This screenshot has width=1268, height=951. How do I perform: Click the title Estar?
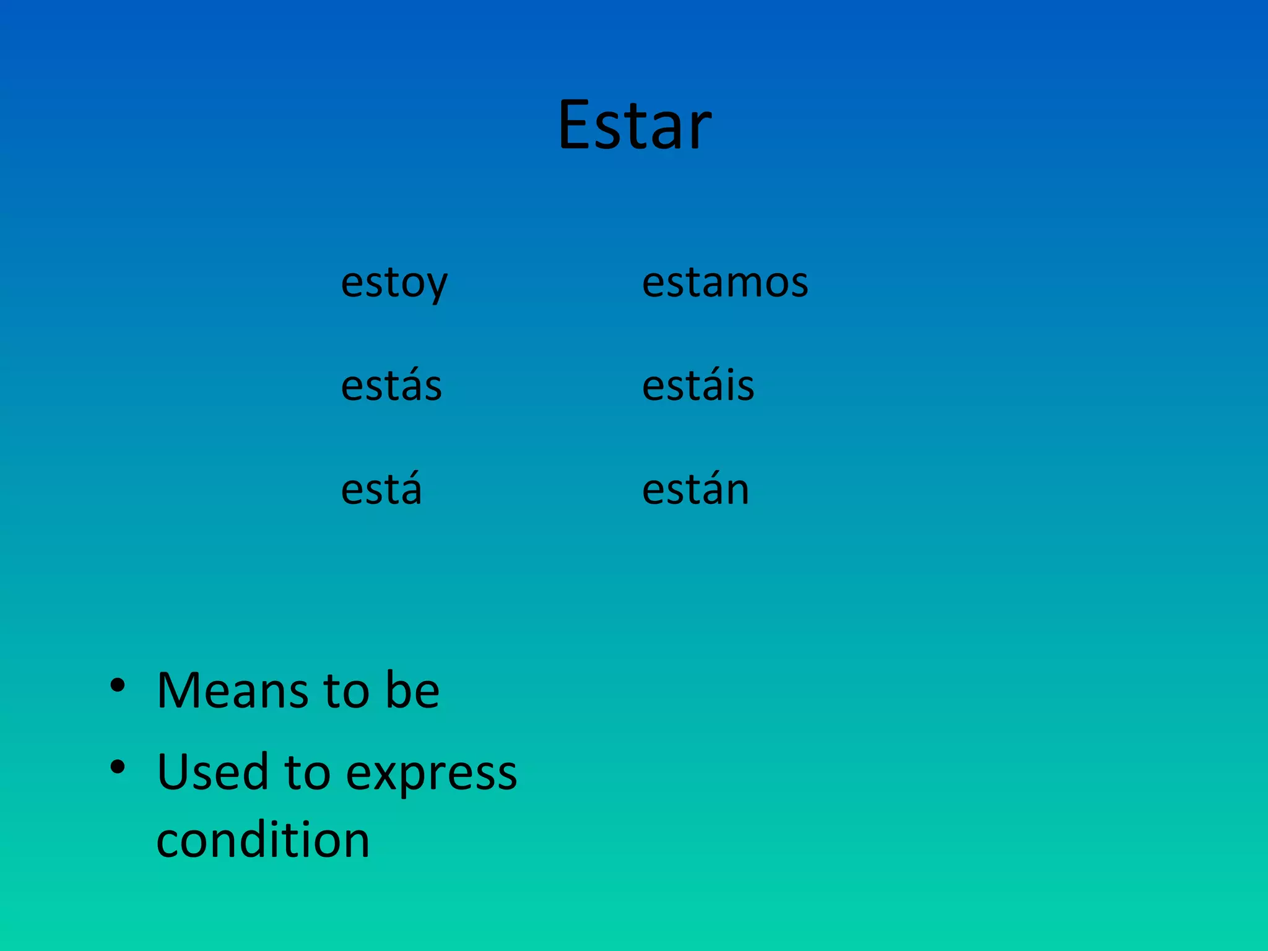[x=634, y=126]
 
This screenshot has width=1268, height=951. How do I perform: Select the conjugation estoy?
[x=394, y=283]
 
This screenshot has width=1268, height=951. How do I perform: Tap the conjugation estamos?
[x=724, y=283]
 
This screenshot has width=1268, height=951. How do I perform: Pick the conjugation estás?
[x=391, y=386]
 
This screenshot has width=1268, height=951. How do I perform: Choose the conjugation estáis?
[x=698, y=386]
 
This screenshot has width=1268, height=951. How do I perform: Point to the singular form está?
[x=381, y=490]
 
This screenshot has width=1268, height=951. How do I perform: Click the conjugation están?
[x=695, y=490]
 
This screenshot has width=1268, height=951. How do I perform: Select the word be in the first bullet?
[x=412, y=690]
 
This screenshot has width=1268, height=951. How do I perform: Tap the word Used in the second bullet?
[x=213, y=772]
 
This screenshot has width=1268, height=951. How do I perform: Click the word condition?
[x=263, y=840]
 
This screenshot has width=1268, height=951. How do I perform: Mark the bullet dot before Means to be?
[x=117, y=685]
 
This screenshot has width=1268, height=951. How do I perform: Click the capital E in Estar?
[x=576, y=126]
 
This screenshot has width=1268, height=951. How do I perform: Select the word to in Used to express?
[x=307, y=773]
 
